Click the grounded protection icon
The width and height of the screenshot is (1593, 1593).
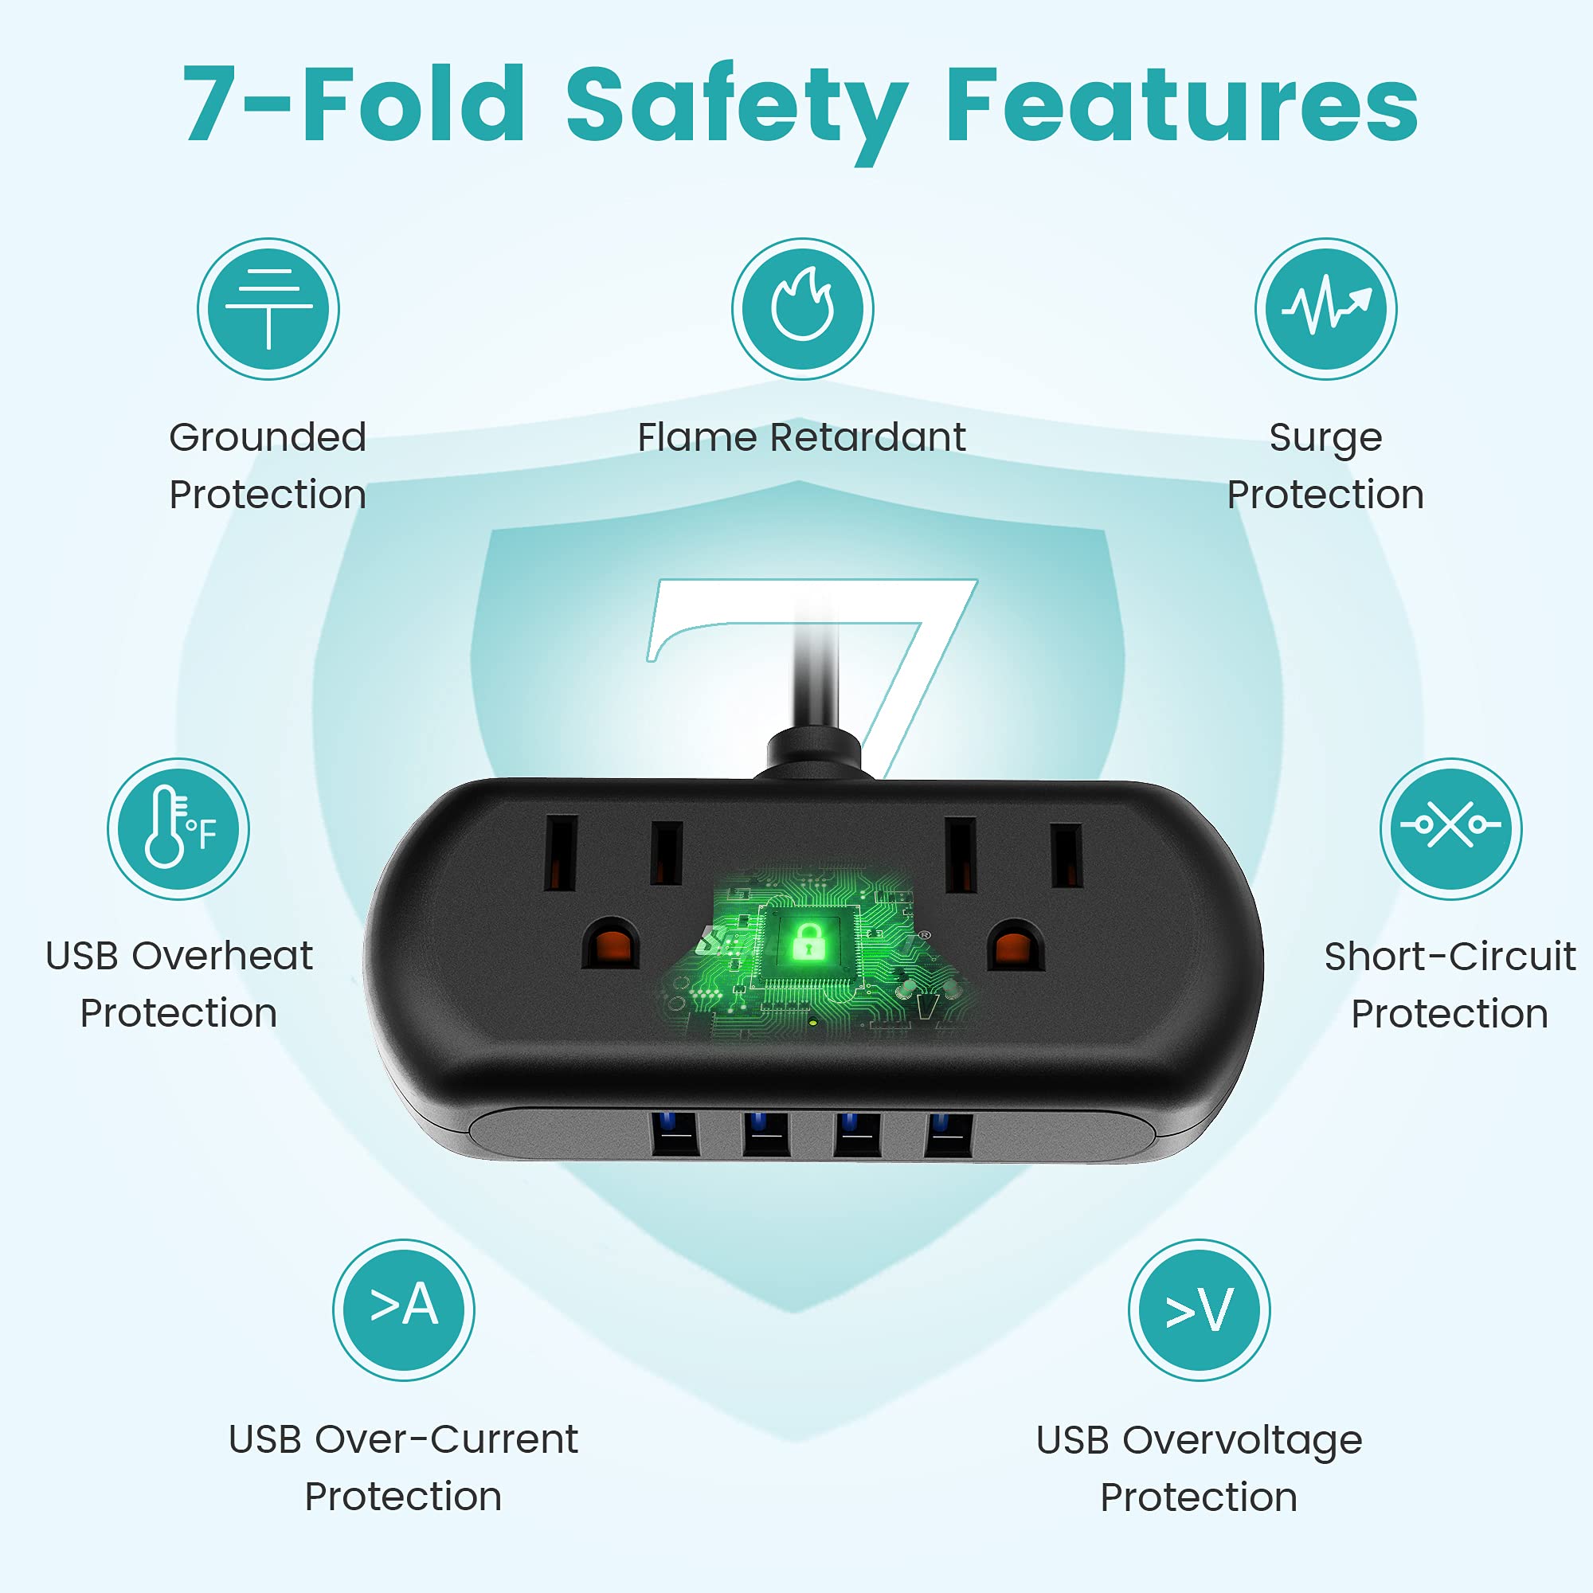pos(268,309)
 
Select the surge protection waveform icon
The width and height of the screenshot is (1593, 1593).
pos(1326,309)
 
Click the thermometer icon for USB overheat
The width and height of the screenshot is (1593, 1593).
pos(178,828)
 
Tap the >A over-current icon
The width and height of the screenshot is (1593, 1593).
pos(404,1310)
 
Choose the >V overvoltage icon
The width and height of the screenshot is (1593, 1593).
pos(1200,1310)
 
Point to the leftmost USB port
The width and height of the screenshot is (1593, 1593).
pos(675,1134)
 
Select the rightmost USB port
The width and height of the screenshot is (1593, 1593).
pos(950,1134)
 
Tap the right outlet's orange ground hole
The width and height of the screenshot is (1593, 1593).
pos(1016,945)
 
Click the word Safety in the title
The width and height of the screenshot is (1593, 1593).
pos(737,109)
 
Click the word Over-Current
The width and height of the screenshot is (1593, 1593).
pos(447,1439)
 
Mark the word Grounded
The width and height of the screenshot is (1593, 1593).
pos(268,437)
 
